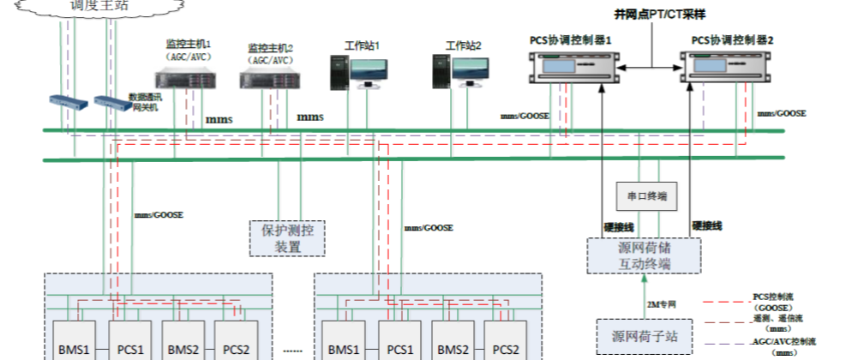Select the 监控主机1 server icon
pos(187,79)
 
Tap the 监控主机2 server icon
pos(269,80)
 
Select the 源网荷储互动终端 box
pos(645,255)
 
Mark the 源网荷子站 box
pos(645,335)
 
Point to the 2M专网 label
pos(662,303)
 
